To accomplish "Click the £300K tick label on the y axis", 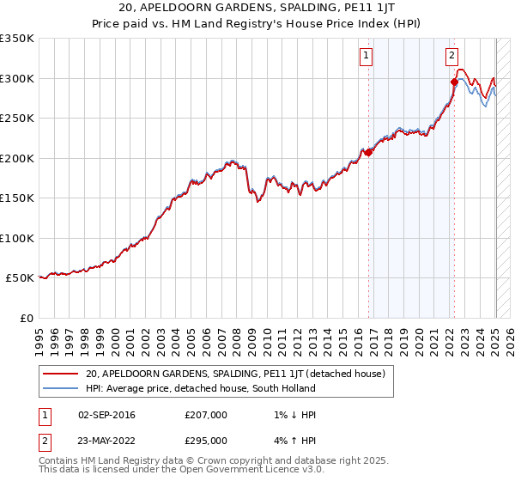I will click(x=17, y=78).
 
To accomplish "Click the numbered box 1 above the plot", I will click(x=367, y=57).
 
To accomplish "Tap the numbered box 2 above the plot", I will click(x=451, y=57).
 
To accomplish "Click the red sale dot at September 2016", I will click(x=368, y=153).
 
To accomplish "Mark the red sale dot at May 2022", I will click(x=454, y=82).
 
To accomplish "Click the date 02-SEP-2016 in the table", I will click(x=106, y=416).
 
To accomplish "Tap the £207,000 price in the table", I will click(x=206, y=416).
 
